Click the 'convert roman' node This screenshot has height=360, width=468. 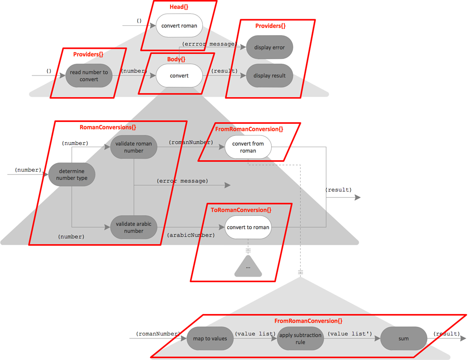179,26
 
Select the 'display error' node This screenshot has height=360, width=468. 269,47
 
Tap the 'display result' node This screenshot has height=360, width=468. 269,75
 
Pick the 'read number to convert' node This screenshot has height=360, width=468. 89,75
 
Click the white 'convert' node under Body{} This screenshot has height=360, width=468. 179,75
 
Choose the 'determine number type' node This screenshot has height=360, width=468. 71,175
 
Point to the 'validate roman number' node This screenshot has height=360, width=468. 134,147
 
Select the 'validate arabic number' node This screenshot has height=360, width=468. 134,227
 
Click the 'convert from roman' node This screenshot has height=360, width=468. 248,147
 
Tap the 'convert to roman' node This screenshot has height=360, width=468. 248,227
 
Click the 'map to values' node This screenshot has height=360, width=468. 210,338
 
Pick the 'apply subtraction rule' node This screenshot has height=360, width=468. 300,338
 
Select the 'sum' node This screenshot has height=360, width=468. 403,338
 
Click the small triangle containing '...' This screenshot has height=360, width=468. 248,267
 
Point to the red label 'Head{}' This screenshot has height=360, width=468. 179,7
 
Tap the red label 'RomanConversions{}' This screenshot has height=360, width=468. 108,127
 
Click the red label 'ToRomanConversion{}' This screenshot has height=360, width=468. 241,210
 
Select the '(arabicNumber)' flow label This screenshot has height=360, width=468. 191,235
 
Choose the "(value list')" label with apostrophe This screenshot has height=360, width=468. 349,334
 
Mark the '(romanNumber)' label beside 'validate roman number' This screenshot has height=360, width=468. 191,142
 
